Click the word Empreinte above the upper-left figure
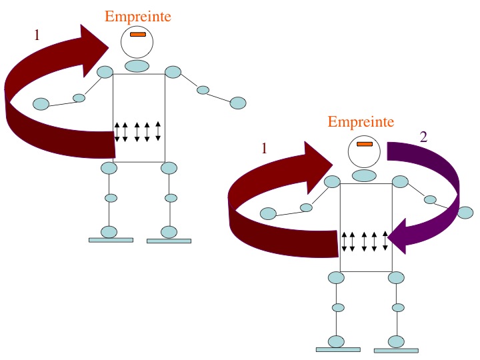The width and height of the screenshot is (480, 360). point(138,17)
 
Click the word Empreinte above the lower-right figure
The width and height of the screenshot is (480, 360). point(361,122)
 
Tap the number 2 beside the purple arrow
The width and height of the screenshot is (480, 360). point(423,137)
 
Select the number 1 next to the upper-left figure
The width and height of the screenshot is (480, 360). point(37,35)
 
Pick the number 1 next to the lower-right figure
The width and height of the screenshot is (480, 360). point(264,149)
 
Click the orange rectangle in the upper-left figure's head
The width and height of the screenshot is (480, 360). point(138,34)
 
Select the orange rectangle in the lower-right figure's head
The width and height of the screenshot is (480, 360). point(365,144)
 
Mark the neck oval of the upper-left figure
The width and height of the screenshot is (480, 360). point(137,66)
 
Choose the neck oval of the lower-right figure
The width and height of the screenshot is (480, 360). point(364,176)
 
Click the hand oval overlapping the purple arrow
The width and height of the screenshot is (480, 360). point(465,213)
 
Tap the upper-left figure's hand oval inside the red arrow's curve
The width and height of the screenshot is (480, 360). point(41,104)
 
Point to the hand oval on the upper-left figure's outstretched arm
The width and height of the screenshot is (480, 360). point(238,103)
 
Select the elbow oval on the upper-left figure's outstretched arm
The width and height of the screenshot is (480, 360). point(203,90)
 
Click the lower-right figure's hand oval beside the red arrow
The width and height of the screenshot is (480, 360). point(268,213)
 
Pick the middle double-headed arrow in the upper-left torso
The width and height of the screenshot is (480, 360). point(137,131)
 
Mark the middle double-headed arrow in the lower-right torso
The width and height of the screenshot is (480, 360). point(364,241)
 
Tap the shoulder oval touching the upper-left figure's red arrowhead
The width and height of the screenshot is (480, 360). point(105,72)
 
